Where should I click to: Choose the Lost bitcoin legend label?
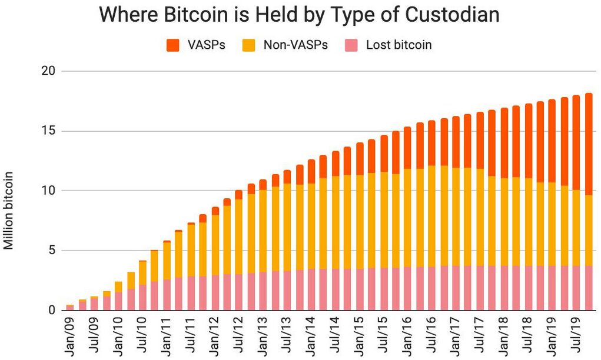pyautogui.click(x=399, y=45)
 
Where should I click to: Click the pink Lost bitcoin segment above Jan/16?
pyautogui.click(x=407, y=288)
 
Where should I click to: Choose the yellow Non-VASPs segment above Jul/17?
pyautogui.click(x=480, y=217)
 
